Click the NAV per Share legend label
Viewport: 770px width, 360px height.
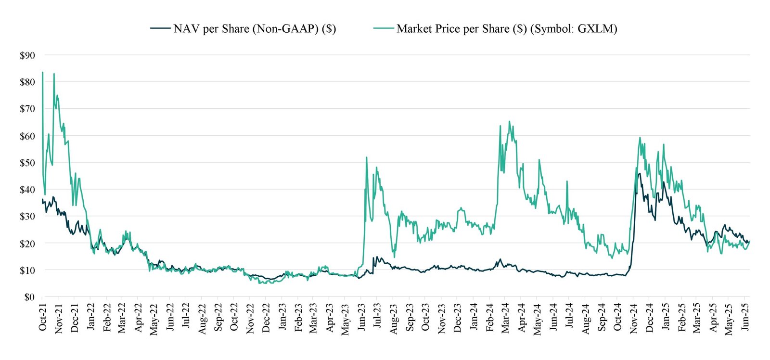point(254,29)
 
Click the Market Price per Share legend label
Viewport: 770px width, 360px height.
point(506,29)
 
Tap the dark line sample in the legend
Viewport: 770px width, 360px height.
point(160,29)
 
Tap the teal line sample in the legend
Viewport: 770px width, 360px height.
point(384,29)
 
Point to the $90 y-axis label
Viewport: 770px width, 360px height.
point(27,55)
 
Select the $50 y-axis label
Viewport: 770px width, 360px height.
point(27,163)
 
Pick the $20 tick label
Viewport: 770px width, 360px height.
point(27,244)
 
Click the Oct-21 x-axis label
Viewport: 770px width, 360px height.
point(42,318)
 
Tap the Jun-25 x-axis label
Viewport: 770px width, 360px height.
point(745,318)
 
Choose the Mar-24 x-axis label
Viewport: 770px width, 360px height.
point(506,318)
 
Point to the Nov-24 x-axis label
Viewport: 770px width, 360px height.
point(634,318)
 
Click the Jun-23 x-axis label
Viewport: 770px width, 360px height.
point(362,318)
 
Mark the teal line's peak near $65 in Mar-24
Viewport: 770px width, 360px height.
point(509,122)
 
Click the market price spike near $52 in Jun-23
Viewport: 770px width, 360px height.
point(367,157)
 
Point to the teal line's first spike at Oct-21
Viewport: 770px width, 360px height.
point(43,73)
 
